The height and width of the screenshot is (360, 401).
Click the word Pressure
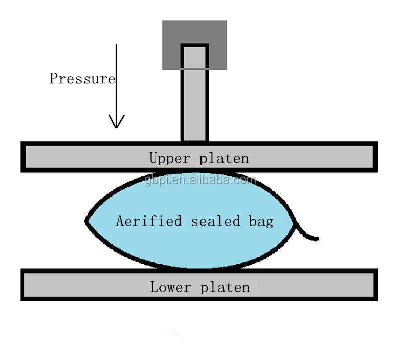82,79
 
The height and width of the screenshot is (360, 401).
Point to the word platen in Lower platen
225,287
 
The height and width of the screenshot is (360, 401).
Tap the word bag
261,221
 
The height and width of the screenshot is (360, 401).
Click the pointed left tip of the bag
87,220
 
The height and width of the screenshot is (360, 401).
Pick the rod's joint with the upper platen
194,141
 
